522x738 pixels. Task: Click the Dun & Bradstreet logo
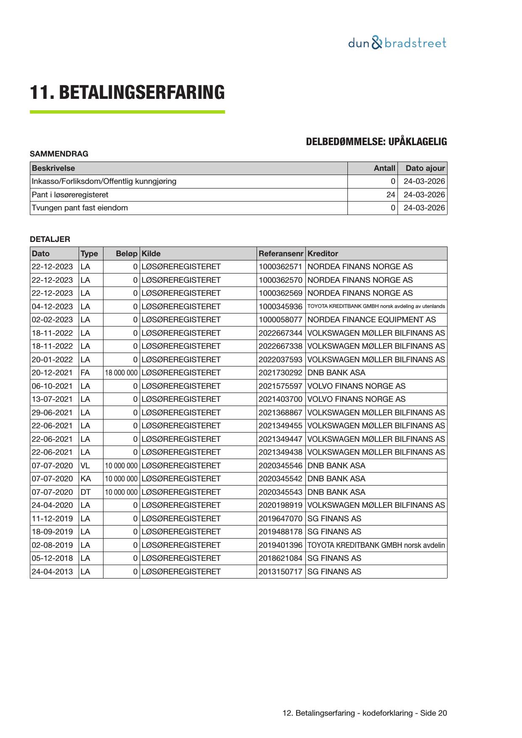(397, 43)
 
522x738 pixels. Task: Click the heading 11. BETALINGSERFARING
(127, 93)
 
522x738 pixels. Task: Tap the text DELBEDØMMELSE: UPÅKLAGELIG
(376, 142)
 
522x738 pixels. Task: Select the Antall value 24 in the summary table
(391, 195)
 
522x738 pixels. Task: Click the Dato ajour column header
(425, 168)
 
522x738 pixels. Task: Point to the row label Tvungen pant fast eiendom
(80, 208)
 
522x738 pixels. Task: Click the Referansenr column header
(281, 254)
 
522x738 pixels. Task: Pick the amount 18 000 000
(121, 373)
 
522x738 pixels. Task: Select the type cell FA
(85, 373)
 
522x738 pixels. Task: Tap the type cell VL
(85, 466)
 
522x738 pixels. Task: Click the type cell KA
(85, 479)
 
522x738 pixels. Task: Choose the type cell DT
(85, 492)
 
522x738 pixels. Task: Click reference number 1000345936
(280, 307)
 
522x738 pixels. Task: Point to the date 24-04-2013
(52, 572)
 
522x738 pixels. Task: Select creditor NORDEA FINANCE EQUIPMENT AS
(371, 320)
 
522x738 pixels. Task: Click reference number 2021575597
(280, 386)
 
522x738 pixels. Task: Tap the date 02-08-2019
(52, 545)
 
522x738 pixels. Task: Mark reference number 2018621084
(280, 558)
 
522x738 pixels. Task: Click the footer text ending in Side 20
(365, 713)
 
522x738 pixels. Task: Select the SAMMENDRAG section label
(59, 154)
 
